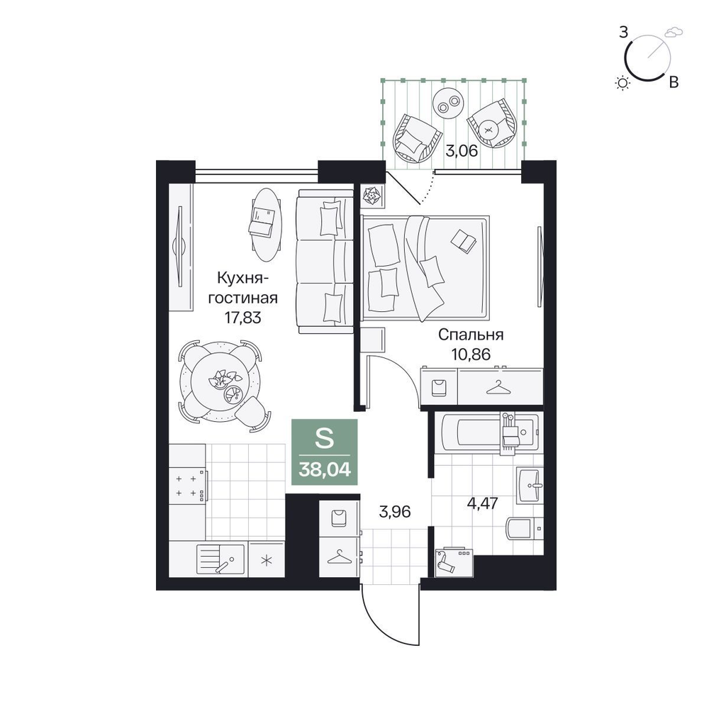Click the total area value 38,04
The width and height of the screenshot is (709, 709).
[324, 470]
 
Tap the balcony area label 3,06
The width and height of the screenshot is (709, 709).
[462, 150]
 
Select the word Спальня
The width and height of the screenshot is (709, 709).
[471, 335]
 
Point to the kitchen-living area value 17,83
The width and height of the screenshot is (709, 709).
[243, 318]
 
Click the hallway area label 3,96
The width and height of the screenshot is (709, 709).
[395, 512]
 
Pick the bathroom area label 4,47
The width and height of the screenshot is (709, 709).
[482, 503]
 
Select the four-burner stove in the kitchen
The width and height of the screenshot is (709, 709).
[188, 486]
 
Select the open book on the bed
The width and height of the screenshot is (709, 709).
[464, 240]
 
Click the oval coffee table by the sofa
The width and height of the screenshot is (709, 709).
[266, 225]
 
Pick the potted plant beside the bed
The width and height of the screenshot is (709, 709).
[372, 196]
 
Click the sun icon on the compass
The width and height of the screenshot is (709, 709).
[623, 83]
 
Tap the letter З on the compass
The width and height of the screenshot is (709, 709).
[623, 33]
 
